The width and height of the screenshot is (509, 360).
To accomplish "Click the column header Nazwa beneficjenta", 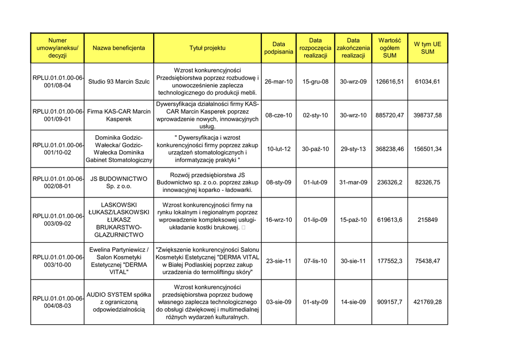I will coord(119,48).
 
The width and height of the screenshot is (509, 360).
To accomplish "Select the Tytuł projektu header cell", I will coord(207,48).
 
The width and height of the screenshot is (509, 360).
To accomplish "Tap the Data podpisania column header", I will coord(278,48).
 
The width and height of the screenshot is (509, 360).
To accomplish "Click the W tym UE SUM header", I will coord(427,48).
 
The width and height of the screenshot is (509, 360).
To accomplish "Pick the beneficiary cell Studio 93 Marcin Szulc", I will coord(119,82).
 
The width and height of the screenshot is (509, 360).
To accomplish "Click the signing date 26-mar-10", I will coord(278,82).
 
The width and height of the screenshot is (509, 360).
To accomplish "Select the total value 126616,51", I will coord(390,82).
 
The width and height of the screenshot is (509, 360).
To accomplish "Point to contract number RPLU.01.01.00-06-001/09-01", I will coord(58,115).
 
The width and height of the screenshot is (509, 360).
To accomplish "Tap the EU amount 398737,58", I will coord(427,115).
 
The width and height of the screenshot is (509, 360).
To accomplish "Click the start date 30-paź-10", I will coord(315,149).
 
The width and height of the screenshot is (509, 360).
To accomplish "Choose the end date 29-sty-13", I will coord(353,149).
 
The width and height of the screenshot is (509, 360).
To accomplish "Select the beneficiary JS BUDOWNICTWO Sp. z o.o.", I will coord(119,182).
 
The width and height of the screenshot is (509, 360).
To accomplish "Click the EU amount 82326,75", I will coord(427,182).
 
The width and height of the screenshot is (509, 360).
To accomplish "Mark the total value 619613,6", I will coord(390,220).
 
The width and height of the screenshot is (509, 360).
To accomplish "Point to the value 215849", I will coord(427,220).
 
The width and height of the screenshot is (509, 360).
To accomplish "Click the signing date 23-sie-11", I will coord(278,261).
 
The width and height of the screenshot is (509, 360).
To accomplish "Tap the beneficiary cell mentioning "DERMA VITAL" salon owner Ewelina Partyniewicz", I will coord(119,261).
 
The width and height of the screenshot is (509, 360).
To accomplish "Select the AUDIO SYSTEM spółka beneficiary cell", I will coord(119,302).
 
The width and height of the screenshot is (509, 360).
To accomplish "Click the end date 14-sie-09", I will coord(353,302).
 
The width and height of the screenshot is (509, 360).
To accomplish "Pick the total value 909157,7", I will coord(390,302).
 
